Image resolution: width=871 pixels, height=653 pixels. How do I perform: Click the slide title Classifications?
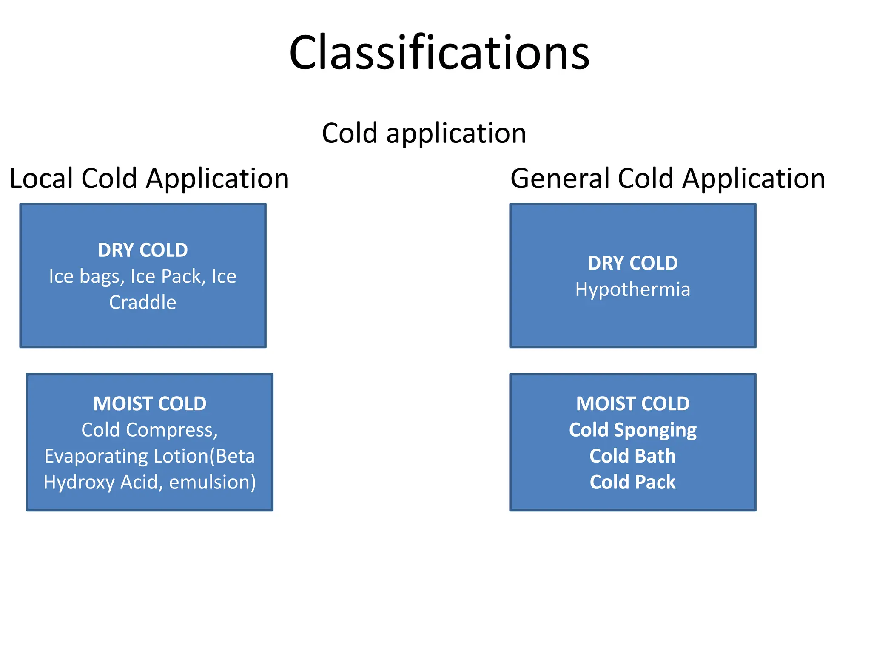[x=439, y=53]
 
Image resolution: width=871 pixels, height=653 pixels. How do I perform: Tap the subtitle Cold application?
[x=424, y=133]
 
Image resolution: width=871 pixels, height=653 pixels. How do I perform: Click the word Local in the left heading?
[x=41, y=178]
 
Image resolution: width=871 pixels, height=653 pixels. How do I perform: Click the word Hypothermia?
[x=632, y=290]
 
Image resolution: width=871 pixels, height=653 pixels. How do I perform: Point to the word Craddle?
[x=142, y=302]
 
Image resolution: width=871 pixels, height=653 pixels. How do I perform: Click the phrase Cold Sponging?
[x=632, y=430]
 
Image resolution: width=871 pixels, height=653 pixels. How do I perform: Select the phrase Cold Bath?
[x=632, y=456]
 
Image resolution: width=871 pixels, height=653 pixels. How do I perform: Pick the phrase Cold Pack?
[x=632, y=482]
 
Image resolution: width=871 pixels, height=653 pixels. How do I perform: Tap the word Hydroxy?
[x=79, y=483]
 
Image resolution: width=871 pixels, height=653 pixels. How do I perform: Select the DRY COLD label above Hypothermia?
[x=632, y=263]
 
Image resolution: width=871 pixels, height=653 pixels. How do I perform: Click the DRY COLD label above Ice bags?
[x=142, y=250]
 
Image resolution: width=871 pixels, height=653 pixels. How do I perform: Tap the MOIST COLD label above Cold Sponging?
[x=632, y=404]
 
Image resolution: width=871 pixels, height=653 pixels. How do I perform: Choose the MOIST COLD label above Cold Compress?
[x=150, y=404]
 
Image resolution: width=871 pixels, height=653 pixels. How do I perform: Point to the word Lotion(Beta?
[x=204, y=456]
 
